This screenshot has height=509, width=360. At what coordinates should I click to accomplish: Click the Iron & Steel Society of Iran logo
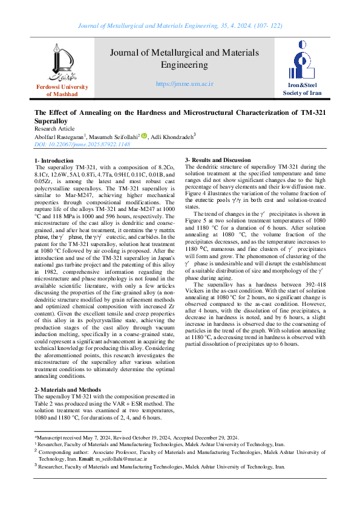(303, 63)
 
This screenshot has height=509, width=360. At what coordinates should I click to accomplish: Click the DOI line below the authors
(73, 146)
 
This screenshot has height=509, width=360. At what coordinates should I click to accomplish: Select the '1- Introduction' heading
(53, 160)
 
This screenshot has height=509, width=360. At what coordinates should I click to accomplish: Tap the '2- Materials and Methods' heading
(68, 390)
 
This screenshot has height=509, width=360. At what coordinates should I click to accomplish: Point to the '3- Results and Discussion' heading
(217, 160)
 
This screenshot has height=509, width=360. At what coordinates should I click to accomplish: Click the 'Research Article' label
(54, 129)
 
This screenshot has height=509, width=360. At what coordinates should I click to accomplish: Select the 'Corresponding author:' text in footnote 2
(64, 451)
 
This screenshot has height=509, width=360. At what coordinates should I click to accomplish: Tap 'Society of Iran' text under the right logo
(303, 93)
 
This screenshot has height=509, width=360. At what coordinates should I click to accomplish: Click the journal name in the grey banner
(184, 59)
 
